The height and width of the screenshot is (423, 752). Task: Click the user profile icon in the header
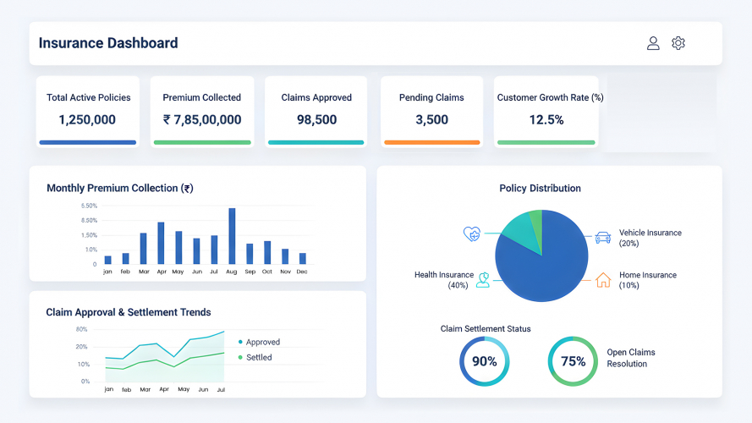pyautogui.click(x=653, y=43)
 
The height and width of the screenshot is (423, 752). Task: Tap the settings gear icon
pyautogui.click(x=678, y=43)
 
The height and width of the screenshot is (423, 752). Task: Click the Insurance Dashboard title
pyautogui.click(x=108, y=43)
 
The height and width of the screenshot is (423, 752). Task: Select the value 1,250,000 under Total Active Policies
pyautogui.click(x=87, y=120)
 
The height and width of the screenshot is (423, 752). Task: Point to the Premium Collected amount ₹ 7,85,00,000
pyautogui.click(x=202, y=120)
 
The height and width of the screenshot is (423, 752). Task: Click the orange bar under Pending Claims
pyautogui.click(x=431, y=142)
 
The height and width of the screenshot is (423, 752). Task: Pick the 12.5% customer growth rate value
pyautogui.click(x=546, y=120)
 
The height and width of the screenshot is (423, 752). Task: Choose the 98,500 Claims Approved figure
pyautogui.click(x=316, y=120)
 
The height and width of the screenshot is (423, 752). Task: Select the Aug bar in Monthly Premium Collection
pyautogui.click(x=232, y=236)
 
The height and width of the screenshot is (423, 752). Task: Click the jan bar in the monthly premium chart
pyautogui.click(x=107, y=260)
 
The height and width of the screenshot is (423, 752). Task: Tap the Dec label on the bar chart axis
pyautogui.click(x=302, y=272)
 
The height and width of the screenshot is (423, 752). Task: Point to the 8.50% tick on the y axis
pyautogui.click(x=89, y=220)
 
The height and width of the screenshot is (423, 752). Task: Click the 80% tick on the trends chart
pyautogui.click(x=82, y=329)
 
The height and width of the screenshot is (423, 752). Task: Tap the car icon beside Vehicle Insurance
pyautogui.click(x=603, y=238)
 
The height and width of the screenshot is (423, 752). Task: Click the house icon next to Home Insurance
pyautogui.click(x=603, y=279)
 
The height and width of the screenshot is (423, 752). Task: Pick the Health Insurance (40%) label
pyautogui.click(x=443, y=280)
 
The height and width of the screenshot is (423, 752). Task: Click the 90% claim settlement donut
pyautogui.click(x=484, y=361)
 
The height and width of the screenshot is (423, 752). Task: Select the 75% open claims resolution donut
pyautogui.click(x=573, y=361)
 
